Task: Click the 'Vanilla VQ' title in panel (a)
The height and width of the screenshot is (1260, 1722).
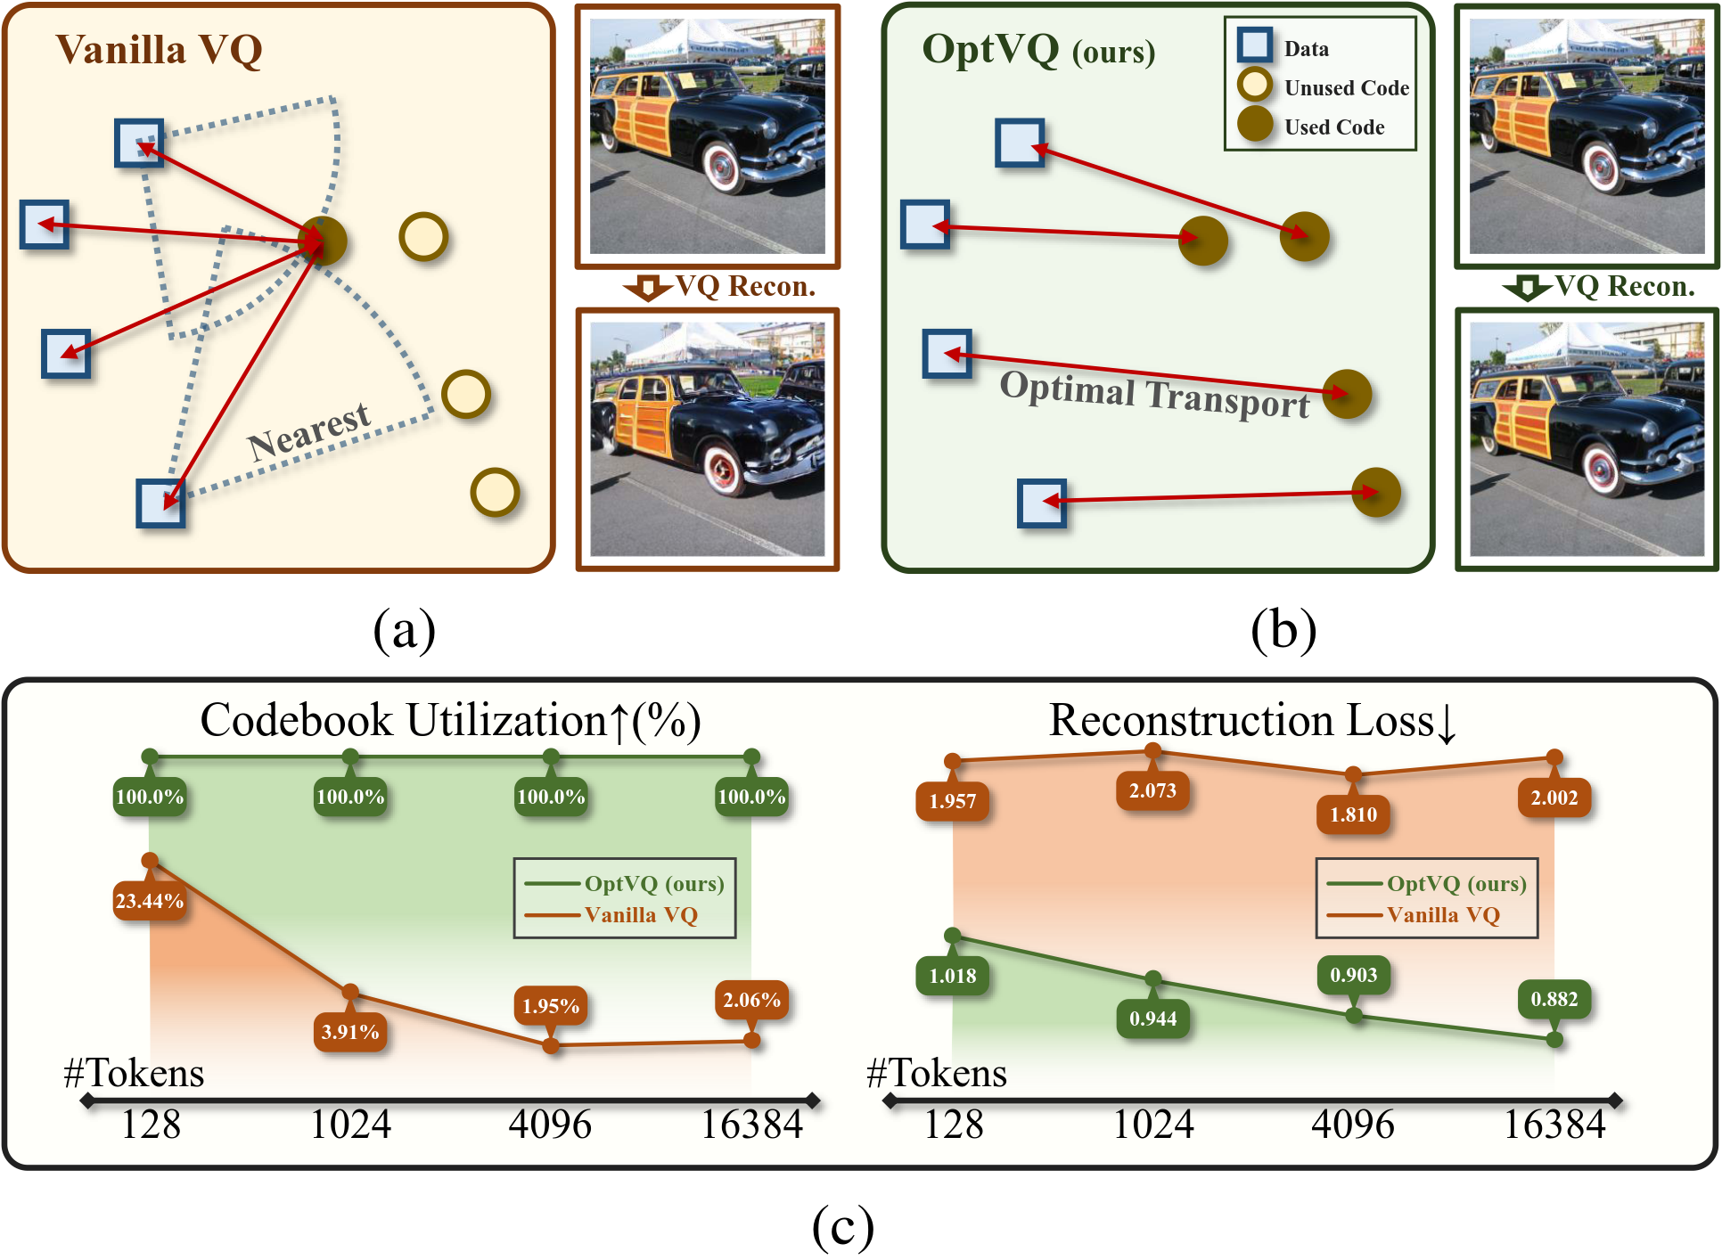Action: tap(159, 50)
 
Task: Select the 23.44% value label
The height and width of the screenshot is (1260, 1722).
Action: tap(150, 901)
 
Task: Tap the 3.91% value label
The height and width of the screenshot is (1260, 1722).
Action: tap(350, 1032)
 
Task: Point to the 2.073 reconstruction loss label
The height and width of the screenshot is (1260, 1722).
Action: tap(1152, 790)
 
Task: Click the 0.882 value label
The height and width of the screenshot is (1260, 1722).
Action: tap(1554, 999)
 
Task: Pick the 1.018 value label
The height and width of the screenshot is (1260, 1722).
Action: tap(952, 976)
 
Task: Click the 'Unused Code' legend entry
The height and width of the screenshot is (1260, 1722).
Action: tap(1346, 87)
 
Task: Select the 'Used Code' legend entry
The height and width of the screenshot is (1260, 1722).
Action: tap(1333, 127)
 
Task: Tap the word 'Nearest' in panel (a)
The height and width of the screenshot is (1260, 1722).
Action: tap(309, 431)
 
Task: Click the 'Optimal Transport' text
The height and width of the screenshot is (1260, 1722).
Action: tap(1154, 394)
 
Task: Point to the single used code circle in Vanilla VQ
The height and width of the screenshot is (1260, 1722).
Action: tap(323, 241)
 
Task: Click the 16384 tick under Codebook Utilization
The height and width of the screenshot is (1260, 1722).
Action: tap(751, 1125)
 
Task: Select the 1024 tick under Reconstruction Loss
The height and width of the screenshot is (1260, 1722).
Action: tap(1152, 1125)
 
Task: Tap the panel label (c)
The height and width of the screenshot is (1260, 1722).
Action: tap(842, 1227)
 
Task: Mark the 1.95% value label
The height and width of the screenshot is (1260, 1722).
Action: tap(551, 1006)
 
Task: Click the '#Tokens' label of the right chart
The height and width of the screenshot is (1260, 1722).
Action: tap(936, 1073)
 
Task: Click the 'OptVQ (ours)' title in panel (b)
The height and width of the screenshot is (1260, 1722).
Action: tap(1038, 50)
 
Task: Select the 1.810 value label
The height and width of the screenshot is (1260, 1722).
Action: tap(1353, 814)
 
